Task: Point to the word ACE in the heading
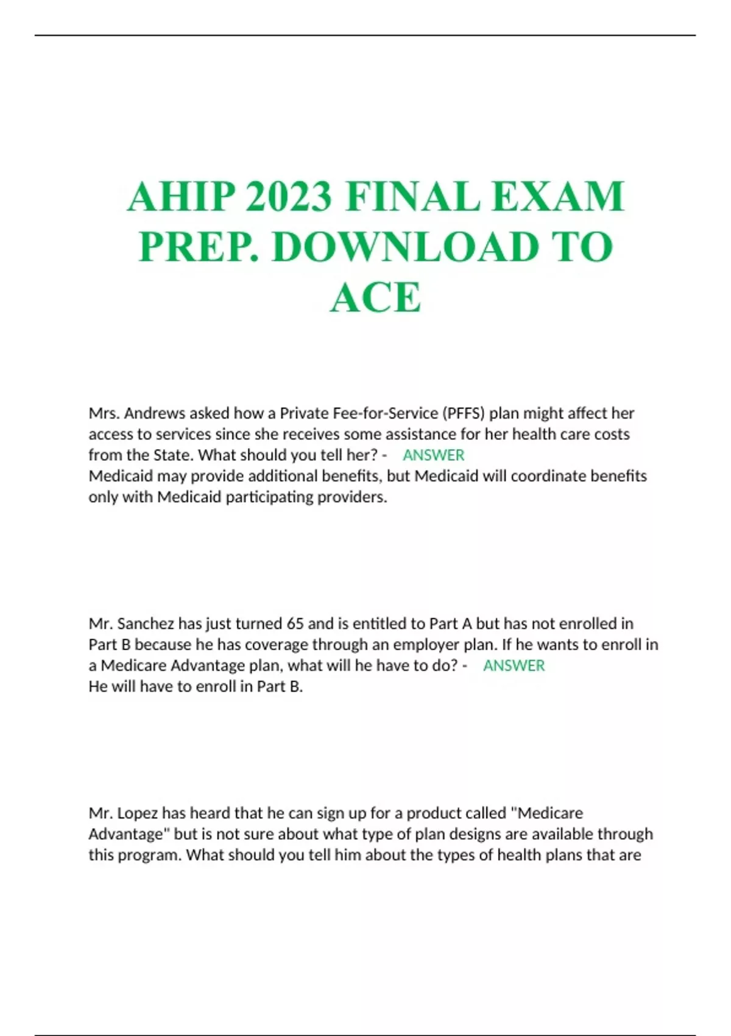375,297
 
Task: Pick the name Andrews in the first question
155,413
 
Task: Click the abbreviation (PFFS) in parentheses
463,413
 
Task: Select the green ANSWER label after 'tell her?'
434,455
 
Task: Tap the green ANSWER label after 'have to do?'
514,665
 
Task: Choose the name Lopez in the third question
138,813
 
